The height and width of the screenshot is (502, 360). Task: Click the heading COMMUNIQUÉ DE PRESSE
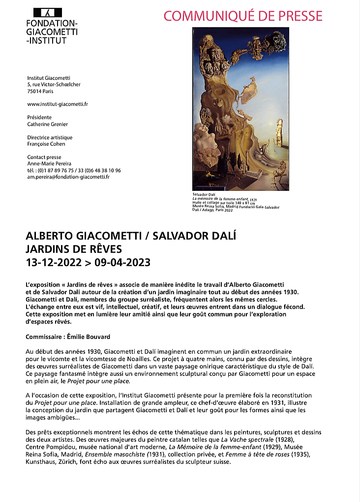point(243,16)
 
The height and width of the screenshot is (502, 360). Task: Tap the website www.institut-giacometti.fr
point(58,104)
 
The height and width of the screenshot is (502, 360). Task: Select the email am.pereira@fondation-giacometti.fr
point(68,177)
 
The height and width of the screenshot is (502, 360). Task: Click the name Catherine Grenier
point(48,124)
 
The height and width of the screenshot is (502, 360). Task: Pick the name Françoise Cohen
point(46,144)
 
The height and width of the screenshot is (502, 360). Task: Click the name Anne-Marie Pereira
point(49,164)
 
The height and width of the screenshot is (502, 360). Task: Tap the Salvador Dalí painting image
point(240,109)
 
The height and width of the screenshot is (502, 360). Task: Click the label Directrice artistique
point(50,138)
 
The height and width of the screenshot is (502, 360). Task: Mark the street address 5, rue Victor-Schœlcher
point(54,85)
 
